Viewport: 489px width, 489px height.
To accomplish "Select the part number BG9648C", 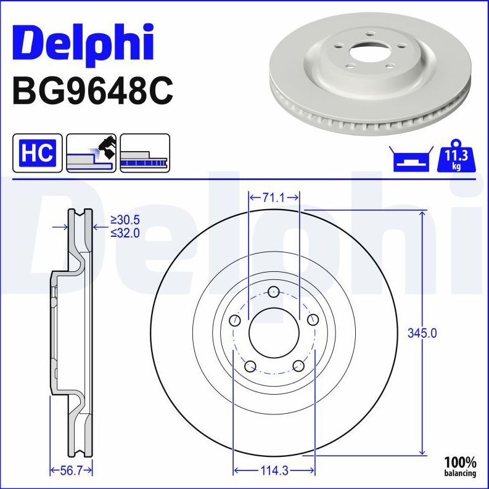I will coord(92,91).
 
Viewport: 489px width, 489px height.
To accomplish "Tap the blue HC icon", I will coord(37,152).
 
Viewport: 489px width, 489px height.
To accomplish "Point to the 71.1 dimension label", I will coord(273,197).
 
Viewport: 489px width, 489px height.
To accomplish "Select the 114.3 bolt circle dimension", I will coord(273,471).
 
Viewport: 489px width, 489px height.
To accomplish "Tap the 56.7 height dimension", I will coord(70,471).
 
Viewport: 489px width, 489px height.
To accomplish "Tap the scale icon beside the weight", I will coord(410,160).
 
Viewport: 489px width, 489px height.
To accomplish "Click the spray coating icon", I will coord(91,152).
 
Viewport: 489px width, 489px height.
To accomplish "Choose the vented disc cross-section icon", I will coord(144,152).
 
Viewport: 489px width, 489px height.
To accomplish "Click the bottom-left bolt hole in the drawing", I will coord(250,366).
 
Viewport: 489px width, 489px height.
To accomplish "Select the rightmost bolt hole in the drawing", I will coord(313,319).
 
